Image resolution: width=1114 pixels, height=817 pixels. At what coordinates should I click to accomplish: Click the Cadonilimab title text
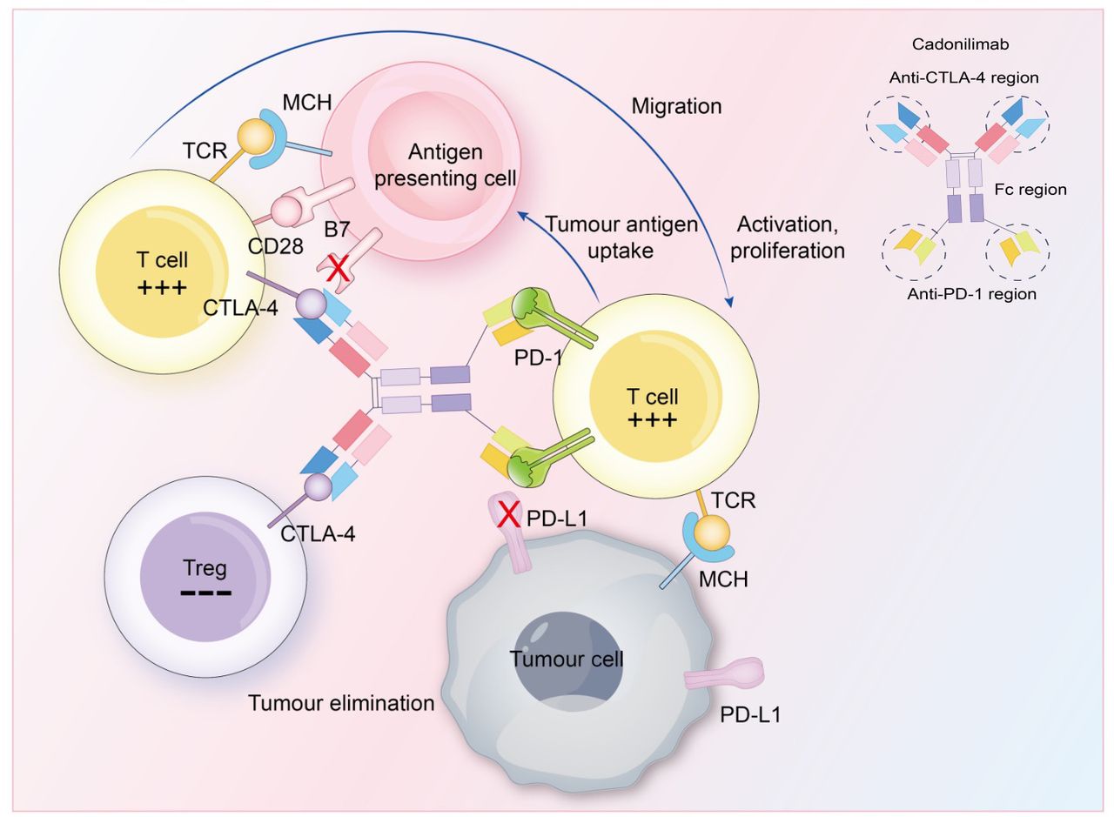tap(960, 44)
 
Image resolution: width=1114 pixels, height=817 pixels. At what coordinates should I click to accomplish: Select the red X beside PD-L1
tap(509, 515)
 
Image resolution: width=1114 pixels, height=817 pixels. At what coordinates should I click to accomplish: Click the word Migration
tap(676, 106)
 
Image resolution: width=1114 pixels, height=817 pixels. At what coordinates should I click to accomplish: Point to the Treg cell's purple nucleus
tap(205, 577)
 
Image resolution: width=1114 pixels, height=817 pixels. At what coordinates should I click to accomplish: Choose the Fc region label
tap(1030, 190)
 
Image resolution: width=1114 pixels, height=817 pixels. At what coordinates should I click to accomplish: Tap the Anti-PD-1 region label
tap(972, 294)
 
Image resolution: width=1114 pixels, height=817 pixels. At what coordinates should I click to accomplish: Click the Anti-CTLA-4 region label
tap(963, 78)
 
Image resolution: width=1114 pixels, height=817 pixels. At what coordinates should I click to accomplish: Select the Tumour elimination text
tap(341, 704)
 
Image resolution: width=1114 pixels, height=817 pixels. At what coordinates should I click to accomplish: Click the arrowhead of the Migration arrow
tap(729, 302)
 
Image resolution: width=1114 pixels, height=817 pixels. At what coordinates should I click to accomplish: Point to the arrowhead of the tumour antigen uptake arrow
tap(523, 216)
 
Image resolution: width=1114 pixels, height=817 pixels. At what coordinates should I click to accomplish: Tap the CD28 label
tap(275, 246)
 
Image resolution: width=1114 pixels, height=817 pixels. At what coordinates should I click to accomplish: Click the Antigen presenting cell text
tap(445, 165)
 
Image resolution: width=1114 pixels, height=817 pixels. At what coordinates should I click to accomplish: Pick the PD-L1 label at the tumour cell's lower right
tap(750, 715)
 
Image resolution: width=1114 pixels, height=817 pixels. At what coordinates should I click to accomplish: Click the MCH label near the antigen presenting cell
tap(307, 103)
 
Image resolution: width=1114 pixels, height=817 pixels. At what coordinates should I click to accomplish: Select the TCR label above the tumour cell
tap(734, 501)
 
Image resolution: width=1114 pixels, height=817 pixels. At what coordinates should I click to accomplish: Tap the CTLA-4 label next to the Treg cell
tap(318, 534)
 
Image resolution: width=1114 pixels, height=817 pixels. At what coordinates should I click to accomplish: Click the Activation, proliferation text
tap(788, 238)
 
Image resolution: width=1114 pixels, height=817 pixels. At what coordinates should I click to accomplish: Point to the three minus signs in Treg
tap(206, 593)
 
